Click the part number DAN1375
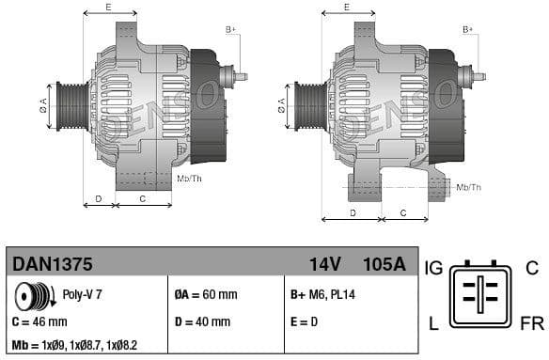coord(51,264)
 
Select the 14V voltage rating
coord(324,264)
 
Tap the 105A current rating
coord(383,264)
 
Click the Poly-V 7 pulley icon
coord(33,296)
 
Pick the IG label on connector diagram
coord(433,269)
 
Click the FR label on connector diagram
coord(532,323)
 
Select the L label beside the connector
coord(433,323)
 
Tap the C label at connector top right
coord(531,269)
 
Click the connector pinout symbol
coord(481,296)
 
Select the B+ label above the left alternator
coord(231,30)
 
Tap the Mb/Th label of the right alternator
coord(469,187)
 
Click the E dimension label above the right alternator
coord(346,8)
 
